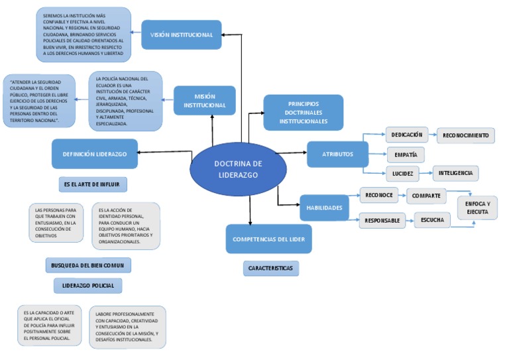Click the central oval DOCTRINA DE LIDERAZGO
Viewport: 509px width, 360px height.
(x=239, y=170)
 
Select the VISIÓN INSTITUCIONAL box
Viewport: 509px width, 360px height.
(x=182, y=34)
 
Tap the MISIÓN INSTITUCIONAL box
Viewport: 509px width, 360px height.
(x=205, y=101)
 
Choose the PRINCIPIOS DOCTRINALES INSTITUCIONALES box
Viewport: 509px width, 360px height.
(x=303, y=113)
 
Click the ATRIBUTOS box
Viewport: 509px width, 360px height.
(x=337, y=154)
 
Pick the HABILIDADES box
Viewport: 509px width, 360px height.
(x=323, y=208)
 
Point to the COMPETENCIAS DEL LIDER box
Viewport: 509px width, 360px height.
(x=268, y=239)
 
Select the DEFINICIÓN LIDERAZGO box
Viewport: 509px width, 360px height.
(x=95, y=154)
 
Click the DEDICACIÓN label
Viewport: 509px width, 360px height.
(x=407, y=135)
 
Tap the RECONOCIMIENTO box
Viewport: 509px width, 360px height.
(x=466, y=135)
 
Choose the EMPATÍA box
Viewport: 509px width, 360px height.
(x=405, y=154)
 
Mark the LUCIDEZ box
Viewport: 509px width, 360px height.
(x=402, y=174)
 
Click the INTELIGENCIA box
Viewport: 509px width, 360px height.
(x=455, y=173)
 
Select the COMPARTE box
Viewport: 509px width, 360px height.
(x=426, y=196)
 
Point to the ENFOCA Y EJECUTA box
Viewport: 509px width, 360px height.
(x=477, y=208)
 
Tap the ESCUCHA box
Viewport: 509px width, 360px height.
(x=432, y=220)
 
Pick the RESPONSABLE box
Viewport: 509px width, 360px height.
(x=382, y=220)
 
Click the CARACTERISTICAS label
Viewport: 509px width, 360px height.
(x=270, y=269)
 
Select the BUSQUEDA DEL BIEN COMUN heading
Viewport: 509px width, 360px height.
(x=88, y=265)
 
